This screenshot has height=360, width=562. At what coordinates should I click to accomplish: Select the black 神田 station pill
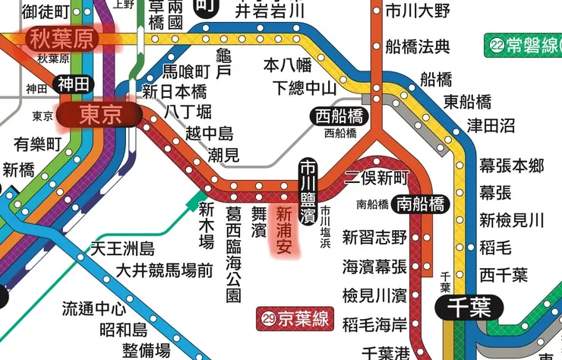click(x=74, y=84)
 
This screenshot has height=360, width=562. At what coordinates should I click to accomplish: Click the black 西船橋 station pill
click(x=339, y=117)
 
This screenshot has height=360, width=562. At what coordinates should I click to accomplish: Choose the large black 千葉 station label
click(x=470, y=308)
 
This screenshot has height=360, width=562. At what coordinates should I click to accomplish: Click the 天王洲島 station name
click(x=123, y=248)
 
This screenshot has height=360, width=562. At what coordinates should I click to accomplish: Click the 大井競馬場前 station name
click(x=164, y=270)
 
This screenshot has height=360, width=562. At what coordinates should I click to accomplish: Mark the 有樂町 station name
click(x=38, y=144)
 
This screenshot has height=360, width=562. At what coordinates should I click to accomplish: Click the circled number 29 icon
click(x=267, y=318)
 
